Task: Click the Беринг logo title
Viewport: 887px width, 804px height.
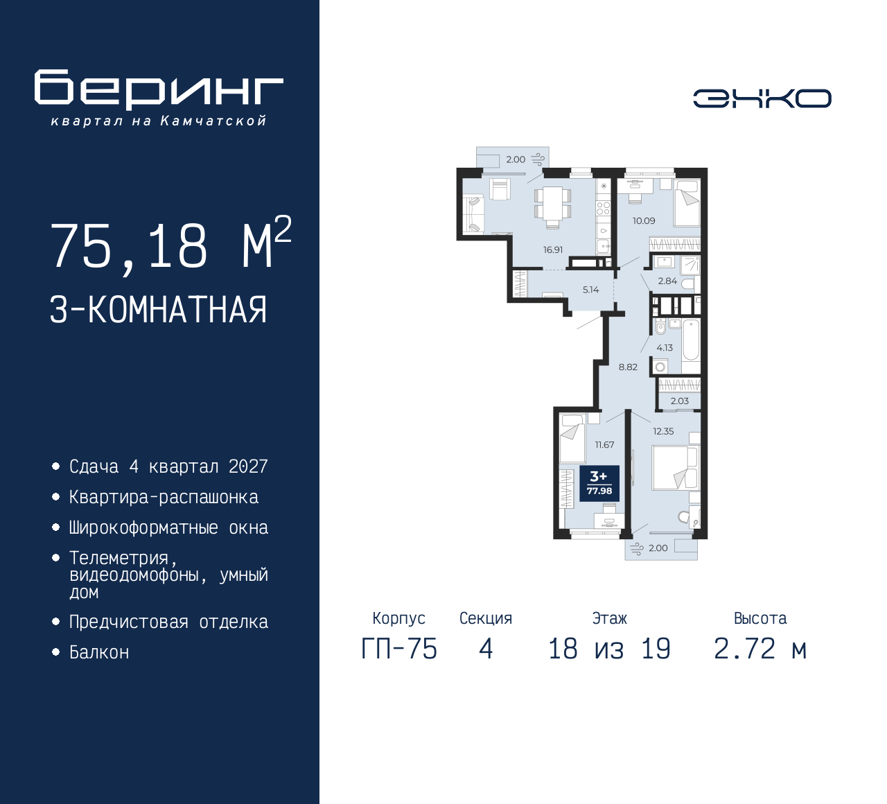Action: coord(159,90)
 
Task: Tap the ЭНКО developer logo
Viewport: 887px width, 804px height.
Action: coord(762,98)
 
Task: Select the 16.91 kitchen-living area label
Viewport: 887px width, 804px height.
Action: coord(553,250)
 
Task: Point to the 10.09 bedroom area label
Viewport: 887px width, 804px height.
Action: coord(643,220)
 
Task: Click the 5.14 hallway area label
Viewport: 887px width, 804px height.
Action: coord(590,290)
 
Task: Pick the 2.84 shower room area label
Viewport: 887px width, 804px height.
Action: coord(667,281)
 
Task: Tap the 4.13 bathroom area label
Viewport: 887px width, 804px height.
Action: coord(665,348)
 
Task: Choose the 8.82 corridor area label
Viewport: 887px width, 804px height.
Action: coord(628,367)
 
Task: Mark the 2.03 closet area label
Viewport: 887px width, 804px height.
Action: coord(680,401)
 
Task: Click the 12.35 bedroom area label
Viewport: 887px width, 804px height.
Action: coord(663,431)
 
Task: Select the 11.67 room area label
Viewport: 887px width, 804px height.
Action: coord(604,445)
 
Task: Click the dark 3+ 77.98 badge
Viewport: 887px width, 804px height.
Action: coord(599,483)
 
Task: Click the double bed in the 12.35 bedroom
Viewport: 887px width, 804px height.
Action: coord(675,468)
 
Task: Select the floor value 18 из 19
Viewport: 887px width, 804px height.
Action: coord(609,649)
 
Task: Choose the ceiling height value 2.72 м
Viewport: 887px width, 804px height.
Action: coord(760,649)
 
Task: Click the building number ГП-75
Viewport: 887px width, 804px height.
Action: coord(399,649)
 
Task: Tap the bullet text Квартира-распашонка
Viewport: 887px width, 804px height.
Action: coord(164,498)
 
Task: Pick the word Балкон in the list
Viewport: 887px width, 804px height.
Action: coord(99,652)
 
